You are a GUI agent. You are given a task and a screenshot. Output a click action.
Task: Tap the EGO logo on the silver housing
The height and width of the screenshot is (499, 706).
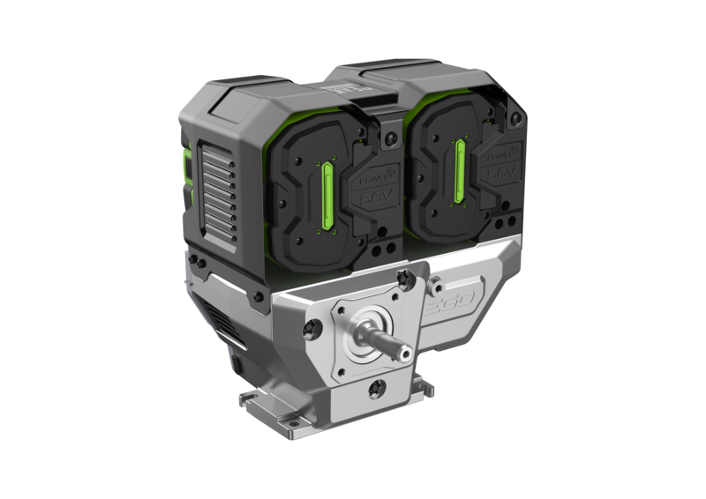450,311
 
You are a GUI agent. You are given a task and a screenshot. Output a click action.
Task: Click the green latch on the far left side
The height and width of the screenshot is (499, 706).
186,168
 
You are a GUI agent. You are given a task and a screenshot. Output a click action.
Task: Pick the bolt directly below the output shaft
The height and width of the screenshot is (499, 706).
379,384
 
